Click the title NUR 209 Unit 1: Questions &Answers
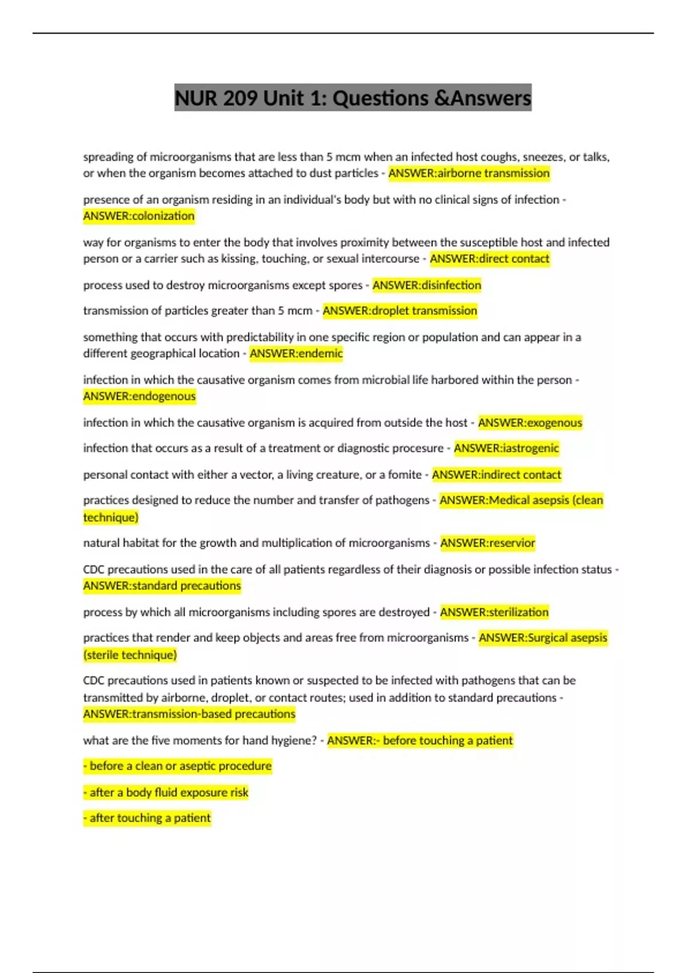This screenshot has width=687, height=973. coord(353,98)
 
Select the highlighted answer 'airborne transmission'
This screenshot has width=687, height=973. coord(469,173)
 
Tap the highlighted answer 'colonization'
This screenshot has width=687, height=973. coord(139,216)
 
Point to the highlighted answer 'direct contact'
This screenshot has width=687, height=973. coord(489,259)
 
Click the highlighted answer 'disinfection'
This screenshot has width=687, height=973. coord(427,285)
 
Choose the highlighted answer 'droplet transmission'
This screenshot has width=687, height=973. coord(400,311)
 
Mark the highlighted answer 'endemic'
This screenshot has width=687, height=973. coord(296,353)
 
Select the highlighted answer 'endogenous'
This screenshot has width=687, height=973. coord(140,396)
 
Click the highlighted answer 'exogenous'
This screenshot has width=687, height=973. coord(530,422)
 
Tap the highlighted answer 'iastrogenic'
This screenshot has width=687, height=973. coord(506,448)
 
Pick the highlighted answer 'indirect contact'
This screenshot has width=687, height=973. coord(496,474)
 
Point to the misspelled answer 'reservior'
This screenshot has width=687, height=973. coord(487,543)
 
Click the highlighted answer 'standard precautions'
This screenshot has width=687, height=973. coord(162,586)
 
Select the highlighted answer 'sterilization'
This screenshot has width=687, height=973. coord(494,612)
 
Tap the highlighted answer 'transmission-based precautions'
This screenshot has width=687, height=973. coord(189,714)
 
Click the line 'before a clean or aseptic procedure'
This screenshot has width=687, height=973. coord(177,766)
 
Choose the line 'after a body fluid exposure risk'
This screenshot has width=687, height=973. coord(166,792)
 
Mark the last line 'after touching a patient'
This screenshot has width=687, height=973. coord(147,818)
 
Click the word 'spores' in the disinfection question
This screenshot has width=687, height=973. coord(345,285)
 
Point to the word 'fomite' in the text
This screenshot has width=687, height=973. coord(404,474)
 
